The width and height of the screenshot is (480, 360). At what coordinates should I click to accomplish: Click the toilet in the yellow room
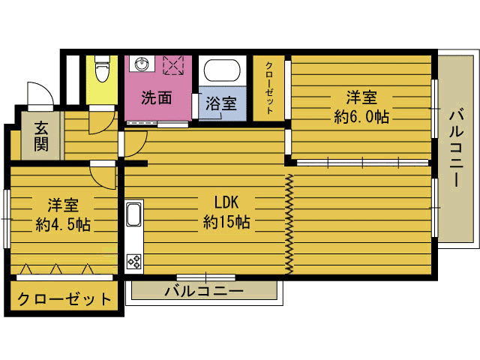[102, 68]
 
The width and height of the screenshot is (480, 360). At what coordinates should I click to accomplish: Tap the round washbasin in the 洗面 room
[142, 64]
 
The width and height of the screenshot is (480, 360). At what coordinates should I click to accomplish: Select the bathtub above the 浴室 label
[222, 70]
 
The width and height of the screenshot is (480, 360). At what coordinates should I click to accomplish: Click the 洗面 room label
[156, 98]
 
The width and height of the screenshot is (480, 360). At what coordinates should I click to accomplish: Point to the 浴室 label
[221, 103]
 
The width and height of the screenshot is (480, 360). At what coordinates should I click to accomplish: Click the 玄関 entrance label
[41, 136]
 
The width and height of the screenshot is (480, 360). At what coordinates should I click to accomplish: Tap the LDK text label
[226, 202]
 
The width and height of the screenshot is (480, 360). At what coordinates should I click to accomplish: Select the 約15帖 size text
[226, 222]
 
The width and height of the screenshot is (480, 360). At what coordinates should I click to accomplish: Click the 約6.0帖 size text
[361, 117]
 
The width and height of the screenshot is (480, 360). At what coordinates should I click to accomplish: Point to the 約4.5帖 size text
[63, 225]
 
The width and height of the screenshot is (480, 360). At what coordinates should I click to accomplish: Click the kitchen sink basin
[133, 214]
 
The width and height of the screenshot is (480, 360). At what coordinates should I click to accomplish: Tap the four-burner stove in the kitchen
[134, 262]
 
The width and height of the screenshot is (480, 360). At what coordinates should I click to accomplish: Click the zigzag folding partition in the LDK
[289, 224]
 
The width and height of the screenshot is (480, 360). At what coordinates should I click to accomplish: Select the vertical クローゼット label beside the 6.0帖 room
[269, 88]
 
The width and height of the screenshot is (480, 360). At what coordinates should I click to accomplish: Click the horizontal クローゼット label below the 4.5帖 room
[64, 299]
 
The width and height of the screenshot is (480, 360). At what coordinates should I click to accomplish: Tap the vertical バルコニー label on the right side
[457, 148]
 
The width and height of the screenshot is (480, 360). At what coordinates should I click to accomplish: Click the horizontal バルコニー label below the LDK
[204, 291]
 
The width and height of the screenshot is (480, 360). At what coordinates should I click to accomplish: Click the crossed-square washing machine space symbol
[173, 65]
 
